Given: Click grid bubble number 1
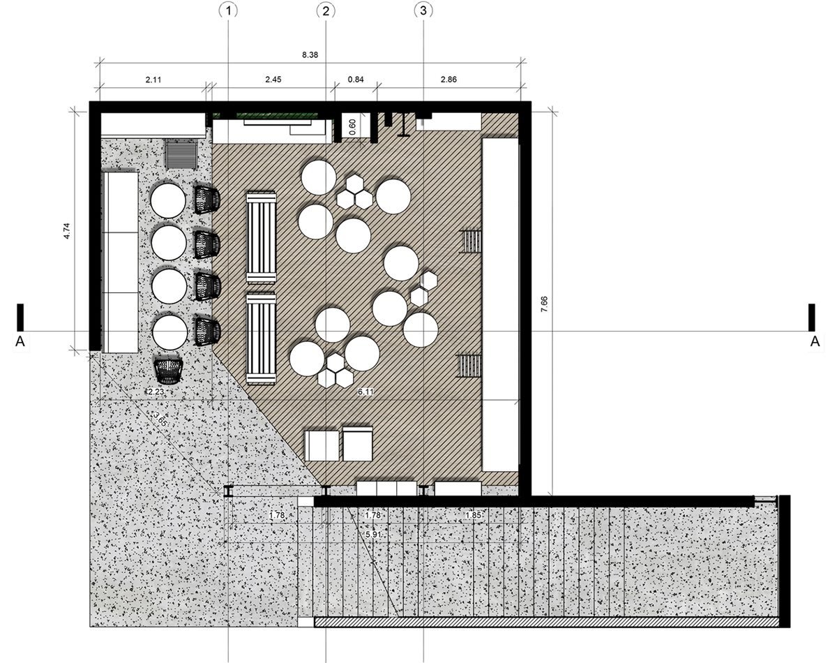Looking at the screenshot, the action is coord(228,10).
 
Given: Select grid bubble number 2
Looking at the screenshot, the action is coord(326,10).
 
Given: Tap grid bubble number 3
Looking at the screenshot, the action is coord(423,10).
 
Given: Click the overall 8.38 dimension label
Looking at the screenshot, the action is coord(310,55).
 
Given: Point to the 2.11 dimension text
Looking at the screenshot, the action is coord(153,80).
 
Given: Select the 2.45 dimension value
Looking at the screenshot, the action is coord(273,80).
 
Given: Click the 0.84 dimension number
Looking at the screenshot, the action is coord(356,80).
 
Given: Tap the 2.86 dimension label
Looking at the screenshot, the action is coord(448,80).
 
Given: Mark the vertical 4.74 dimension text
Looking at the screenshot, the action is coord(67,231).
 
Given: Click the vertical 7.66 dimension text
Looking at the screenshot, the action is coord(544,304).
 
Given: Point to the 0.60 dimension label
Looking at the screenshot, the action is coord(352,127).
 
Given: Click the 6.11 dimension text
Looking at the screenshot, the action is coord(365,392).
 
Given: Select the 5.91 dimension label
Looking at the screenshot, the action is coord(373,535).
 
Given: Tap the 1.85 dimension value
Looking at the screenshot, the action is coord(474,515).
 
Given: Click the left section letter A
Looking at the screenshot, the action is coord(20,341).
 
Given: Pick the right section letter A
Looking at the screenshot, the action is coord(815,341).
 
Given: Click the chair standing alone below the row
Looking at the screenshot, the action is coord(169,371).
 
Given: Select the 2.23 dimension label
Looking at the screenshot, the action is coord(156,392).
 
